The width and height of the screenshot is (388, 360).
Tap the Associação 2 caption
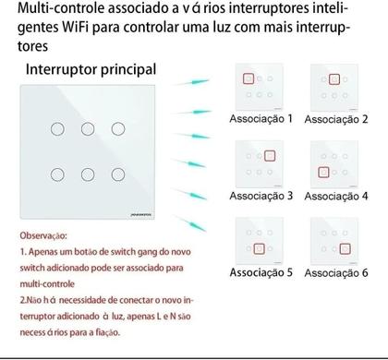(335, 120)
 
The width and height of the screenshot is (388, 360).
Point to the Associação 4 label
(335, 196)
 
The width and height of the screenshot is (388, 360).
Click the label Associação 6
(335, 272)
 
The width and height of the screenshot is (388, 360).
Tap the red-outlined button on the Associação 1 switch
(249, 78)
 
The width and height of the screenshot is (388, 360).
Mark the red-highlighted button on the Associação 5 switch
(260, 249)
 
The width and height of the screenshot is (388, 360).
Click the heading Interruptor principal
(91, 69)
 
